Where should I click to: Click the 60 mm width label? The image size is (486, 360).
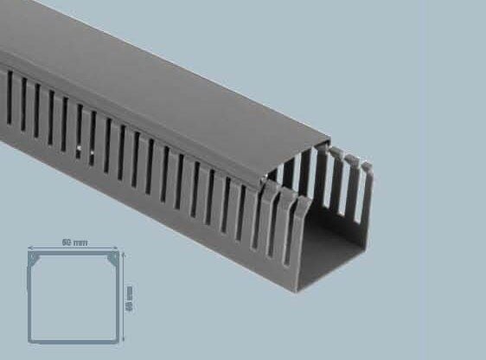(x=75, y=243)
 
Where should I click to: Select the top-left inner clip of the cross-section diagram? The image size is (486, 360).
(x=35, y=259)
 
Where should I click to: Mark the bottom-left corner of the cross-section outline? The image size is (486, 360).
(x=30, y=340)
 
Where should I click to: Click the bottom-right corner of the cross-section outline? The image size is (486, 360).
(x=118, y=340)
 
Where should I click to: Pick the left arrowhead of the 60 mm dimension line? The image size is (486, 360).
(x=31, y=248)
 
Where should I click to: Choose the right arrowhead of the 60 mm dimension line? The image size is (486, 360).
(x=117, y=248)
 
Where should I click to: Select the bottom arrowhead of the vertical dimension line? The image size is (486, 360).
(x=124, y=338)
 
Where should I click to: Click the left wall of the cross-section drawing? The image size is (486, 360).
(x=30, y=299)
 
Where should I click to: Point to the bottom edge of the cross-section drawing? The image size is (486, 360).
(x=74, y=340)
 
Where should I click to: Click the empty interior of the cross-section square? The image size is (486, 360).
(x=74, y=299)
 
